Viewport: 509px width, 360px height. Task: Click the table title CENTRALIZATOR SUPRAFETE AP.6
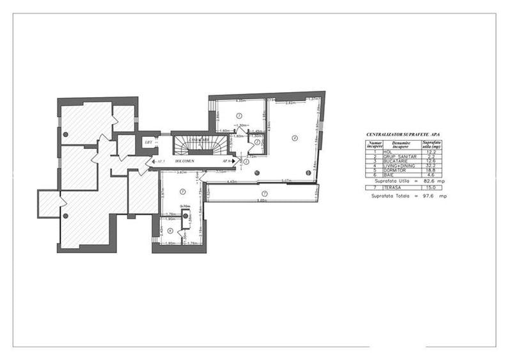click(403, 134)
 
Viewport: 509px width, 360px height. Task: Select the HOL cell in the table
click(387, 152)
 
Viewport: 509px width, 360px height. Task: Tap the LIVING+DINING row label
click(399, 166)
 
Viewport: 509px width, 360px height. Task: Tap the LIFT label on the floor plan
click(148, 142)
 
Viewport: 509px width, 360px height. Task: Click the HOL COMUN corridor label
click(185, 162)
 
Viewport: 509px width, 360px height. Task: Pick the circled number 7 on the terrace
click(263, 193)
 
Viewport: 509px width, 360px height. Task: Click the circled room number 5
click(182, 191)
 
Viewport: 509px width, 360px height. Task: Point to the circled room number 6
click(170, 231)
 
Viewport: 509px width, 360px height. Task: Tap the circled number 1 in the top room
click(239, 115)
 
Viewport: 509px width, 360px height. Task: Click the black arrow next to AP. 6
click(233, 162)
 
